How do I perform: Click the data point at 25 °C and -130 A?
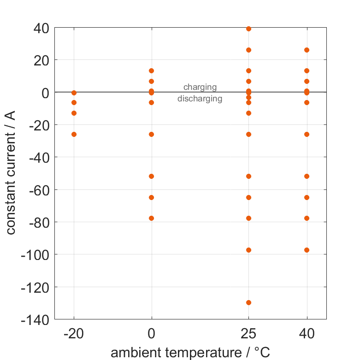point(248,302)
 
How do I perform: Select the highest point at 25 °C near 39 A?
point(248,29)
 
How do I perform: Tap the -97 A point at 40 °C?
point(307,250)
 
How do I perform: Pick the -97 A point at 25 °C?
point(248,250)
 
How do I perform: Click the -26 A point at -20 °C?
point(74,134)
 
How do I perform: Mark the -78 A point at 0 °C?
point(152,218)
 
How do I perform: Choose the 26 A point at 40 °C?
point(307,50)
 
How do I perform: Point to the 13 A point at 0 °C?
point(152,71)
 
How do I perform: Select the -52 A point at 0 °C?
point(152,176)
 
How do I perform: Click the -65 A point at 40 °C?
point(307,197)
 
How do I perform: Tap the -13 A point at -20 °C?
point(74,113)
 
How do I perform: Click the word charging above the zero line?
point(200,87)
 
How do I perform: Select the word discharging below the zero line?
point(200,98)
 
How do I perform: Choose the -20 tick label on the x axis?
point(74,334)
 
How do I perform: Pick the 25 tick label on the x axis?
point(248,334)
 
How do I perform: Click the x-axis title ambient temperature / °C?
point(190,353)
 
